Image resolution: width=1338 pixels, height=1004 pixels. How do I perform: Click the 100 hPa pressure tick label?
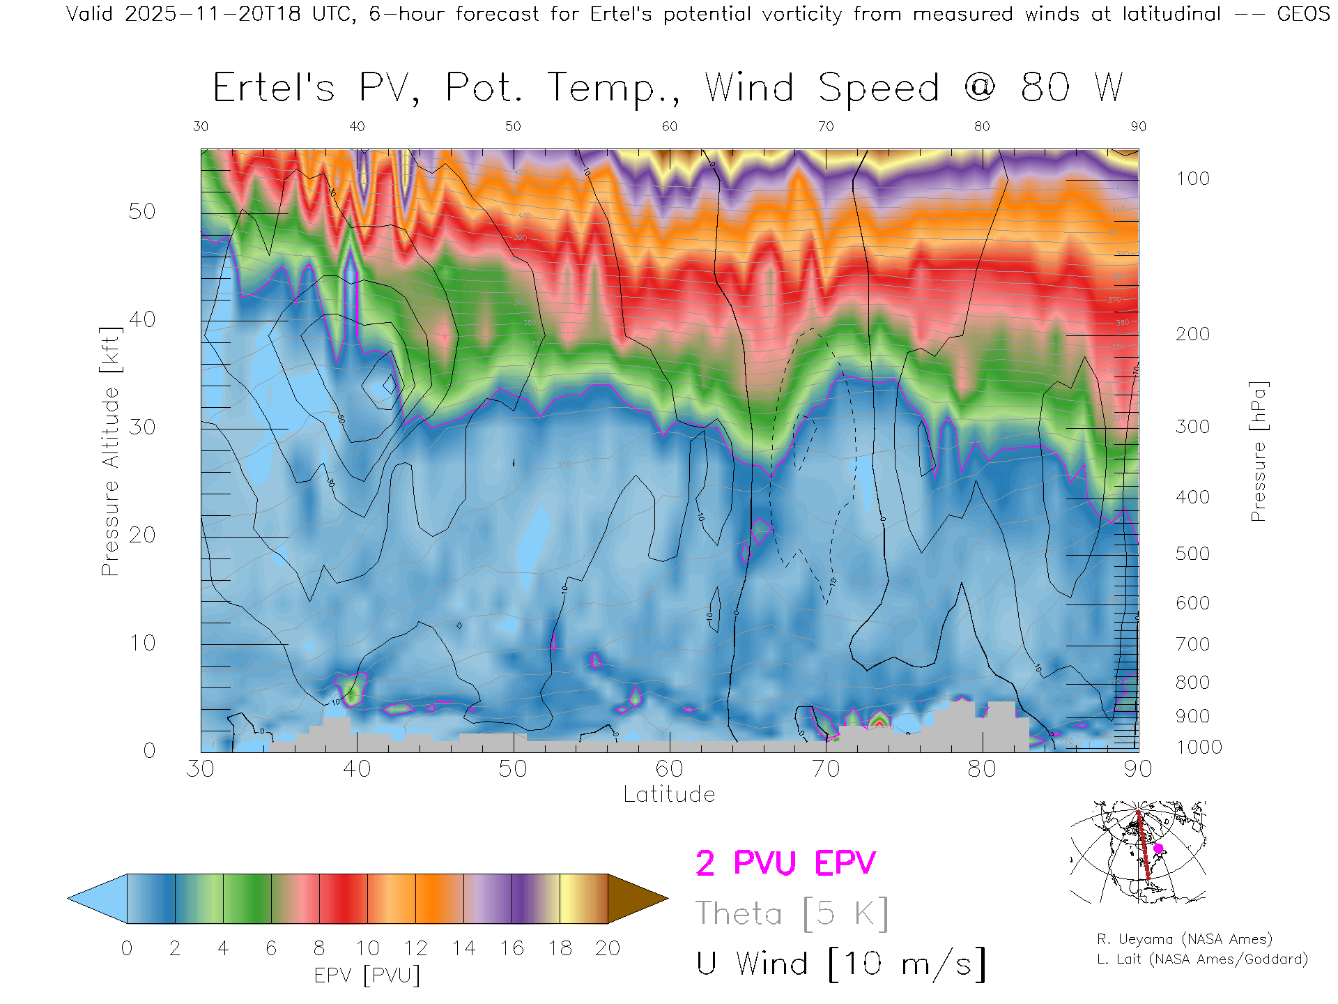(x=1192, y=178)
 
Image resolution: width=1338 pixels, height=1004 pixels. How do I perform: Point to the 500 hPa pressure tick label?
(x=1192, y=554)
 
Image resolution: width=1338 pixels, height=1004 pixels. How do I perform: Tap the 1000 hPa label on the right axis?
(x=1199, y=747)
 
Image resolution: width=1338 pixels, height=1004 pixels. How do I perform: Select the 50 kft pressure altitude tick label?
(x=141, y=211)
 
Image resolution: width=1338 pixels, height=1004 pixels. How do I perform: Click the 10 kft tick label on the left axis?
(x=141, y=643)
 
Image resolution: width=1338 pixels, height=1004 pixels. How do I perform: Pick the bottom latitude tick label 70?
(x=826, y=769)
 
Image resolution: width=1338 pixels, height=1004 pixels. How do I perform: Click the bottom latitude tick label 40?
(x=357, y=769)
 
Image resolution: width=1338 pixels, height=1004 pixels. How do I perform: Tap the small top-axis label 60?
(x=670, y=126)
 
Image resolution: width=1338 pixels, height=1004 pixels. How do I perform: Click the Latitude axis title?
(x=669, y=795)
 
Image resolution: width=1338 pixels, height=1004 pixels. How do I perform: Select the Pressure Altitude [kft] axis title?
(x=110, y=451)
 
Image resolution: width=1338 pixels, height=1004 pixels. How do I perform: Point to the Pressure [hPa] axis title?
(x=1258, y=451)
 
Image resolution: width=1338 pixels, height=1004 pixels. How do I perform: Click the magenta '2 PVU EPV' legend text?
(x=785, y=863)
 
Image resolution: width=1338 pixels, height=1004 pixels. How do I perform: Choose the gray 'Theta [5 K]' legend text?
(x=792, y=913)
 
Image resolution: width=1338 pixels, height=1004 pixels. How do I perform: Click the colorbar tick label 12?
(x=415, y=948)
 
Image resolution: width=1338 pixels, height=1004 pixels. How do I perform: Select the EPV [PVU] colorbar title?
(x=367, y=975)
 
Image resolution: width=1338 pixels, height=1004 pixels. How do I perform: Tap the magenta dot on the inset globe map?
(x=1158, y=849)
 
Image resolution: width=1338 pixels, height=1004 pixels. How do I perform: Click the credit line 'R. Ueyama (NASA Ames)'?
(x=1185, y=939)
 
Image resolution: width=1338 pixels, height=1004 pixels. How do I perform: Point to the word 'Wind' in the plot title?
(x=749, y=89)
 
